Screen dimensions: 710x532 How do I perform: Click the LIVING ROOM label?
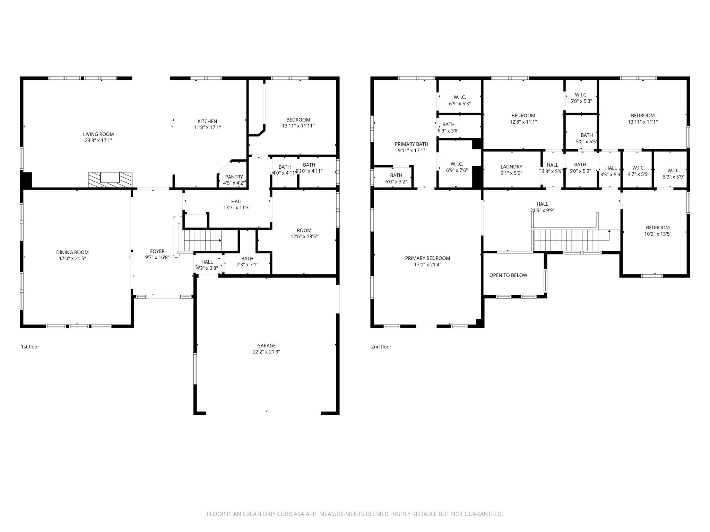[98, 134]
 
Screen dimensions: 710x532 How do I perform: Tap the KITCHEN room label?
[207, 121]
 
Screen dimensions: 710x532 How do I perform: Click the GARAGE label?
[267, 346]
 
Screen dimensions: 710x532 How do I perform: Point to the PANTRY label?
[234, 177]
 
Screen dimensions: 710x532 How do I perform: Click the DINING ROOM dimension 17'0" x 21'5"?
[72, 259]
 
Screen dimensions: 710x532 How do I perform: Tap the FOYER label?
[157, 251]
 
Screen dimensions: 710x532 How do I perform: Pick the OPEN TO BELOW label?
[508, 275]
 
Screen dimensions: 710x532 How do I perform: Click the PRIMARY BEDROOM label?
[427, 258]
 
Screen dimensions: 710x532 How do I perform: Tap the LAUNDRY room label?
[511, 167]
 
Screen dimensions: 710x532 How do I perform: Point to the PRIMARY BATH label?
[412, 144]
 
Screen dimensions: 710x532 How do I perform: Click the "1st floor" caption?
[30, 347]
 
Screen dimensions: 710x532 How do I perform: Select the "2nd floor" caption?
[381, 347]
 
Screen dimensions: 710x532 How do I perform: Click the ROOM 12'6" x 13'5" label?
[304, 233]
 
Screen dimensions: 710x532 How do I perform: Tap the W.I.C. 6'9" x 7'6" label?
[457, 167]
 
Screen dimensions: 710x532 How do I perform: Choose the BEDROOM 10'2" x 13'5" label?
[658, 231]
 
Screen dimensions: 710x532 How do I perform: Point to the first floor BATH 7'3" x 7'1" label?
[247, 261]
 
